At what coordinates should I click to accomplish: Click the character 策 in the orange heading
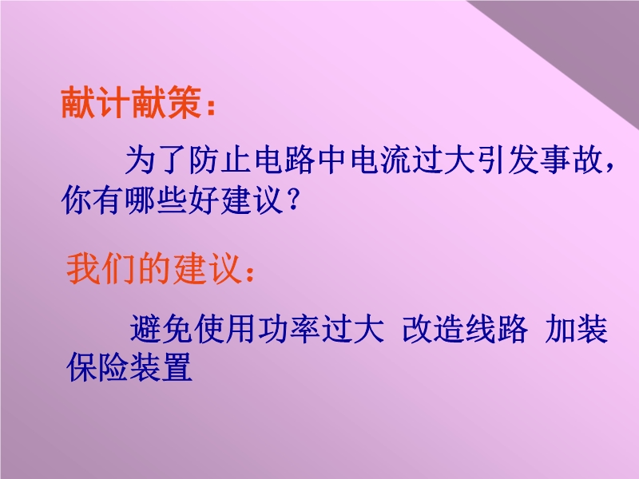pos(185,102)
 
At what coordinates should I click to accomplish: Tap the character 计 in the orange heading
pos(113,102)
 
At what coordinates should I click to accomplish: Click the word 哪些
pos(156,200)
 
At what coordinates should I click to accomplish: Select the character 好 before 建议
pos(204,200)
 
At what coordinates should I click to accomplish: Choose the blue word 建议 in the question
pos(252,200)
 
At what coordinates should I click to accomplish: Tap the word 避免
pos(161,328)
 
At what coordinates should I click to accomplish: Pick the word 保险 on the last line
pos(97,367)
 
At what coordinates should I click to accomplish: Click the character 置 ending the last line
pos(177,367)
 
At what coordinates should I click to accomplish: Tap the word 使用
pos(225,328)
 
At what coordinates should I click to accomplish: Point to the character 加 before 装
pos(560,328)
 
